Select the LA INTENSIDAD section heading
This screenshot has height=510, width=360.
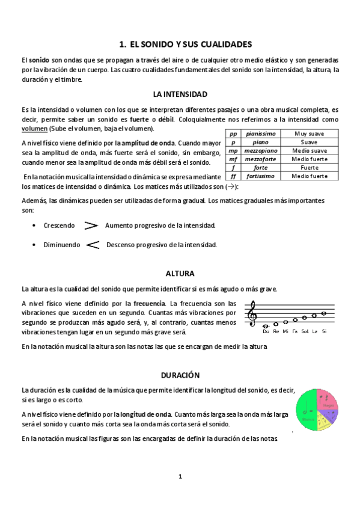(x=180, y=94)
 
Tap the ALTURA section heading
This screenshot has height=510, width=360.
(x=180, y=273)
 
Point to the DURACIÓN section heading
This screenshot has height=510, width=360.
(x=180, y=374)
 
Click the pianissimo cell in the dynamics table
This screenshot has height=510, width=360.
(x=261, y=134)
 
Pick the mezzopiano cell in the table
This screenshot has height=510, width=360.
(x=261, y=151)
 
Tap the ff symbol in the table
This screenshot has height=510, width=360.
(x=233, y=176)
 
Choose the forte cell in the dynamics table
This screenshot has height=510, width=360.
(x=261, y=168)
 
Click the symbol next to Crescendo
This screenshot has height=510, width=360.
(x=91, y=226)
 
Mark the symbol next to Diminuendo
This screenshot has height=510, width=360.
(x=93, y=245)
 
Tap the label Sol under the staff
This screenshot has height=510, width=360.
(x=305, y=331)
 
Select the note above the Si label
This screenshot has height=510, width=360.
(x=324, y=313)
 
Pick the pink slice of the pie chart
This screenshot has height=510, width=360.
(x=328, y=398)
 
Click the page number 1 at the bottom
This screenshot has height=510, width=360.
(x=180, y=477)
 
